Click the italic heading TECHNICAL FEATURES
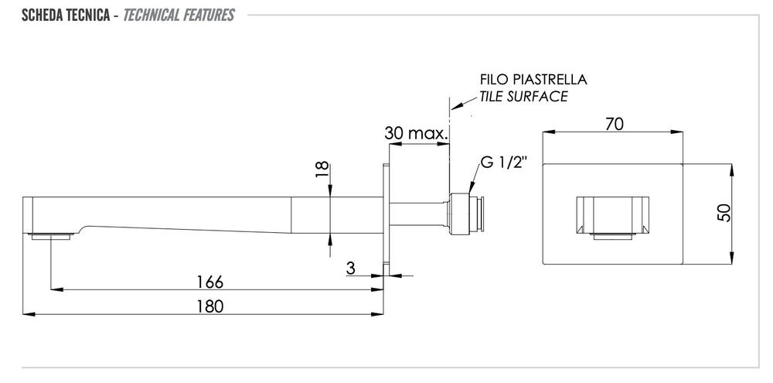tap(179, 15)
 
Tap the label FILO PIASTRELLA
tap(533, 80)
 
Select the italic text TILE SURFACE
tap(523, 97)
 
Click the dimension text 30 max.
tap(416, 133)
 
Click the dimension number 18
tap(322, 170)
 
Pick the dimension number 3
tap(351, 268)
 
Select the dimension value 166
tap(209, 279)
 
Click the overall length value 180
tap(209, 306)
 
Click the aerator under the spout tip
tap(51, 234)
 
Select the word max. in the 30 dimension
tap(430, 133)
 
